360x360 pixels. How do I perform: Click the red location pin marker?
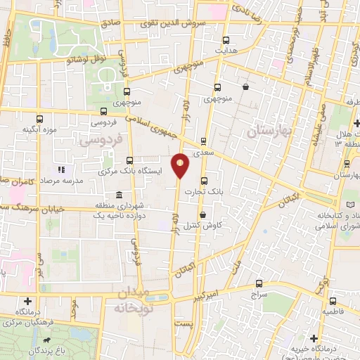point(181,165)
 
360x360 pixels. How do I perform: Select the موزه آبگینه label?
point(39,130)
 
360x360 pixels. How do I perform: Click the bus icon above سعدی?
point(204,140)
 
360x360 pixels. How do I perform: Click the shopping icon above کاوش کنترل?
point(202,215)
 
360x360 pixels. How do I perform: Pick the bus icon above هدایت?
point(225,40)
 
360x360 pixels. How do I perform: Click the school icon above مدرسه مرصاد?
point(61,169)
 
